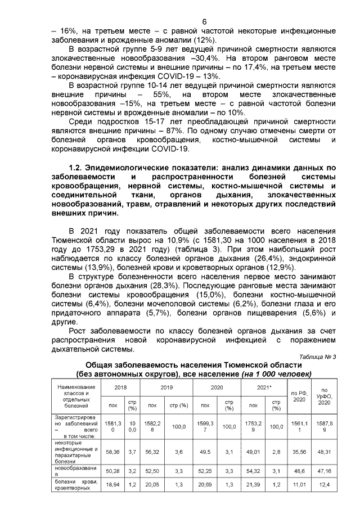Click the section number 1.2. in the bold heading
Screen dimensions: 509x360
[76, 167]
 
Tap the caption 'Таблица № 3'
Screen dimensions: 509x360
[317, 357]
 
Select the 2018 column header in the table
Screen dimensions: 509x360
[121, 388]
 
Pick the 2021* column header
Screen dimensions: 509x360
[264, 388]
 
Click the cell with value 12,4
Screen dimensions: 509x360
[324, 484]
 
